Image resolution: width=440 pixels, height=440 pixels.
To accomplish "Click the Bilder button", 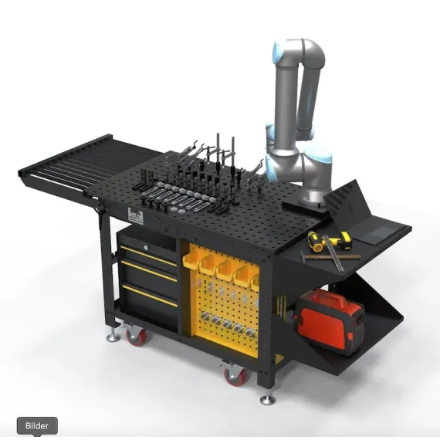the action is [x=37, y=425].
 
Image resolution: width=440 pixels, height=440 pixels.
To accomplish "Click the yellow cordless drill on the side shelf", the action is [x=329, y=241].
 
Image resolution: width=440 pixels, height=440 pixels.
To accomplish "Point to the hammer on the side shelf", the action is [x=330, y=256].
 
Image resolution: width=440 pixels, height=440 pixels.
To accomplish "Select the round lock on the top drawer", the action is [x=146, y=247].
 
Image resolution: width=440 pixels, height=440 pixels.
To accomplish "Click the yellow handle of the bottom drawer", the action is [x=150, y=296].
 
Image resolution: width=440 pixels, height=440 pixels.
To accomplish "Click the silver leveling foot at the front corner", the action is [x=267, y=399].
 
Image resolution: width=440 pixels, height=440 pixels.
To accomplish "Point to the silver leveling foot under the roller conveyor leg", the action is [x=113, y=336].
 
